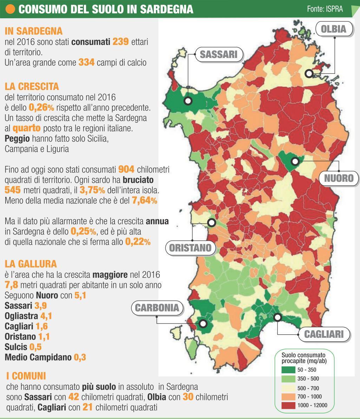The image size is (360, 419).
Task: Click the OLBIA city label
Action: point(333,29)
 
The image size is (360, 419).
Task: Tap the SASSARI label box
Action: point(218,54)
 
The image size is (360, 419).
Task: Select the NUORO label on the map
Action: point(339,178)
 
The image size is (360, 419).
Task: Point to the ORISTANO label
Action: point(190,248)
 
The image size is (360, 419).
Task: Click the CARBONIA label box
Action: point(157,308)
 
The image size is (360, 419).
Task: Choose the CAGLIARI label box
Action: point(324,334)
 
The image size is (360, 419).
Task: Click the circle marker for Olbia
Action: point(309,73)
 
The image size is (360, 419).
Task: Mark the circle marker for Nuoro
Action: point(295,161)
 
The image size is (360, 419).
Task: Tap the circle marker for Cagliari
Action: point(278,317)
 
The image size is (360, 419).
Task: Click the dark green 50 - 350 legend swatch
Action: point(288,370)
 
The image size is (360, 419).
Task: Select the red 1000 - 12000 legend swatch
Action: point(288,405)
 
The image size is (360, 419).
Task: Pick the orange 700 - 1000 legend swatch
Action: point(288,397)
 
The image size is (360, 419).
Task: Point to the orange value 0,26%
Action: point(41,107)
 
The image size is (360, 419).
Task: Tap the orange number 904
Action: point(126,169)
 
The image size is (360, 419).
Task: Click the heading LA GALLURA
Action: point(31,264)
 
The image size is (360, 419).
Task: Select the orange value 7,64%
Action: point(144,201)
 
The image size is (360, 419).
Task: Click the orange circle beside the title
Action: point(11,9)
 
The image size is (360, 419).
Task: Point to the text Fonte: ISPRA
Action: point(325,9)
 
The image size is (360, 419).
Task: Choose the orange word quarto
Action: point(27,128)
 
